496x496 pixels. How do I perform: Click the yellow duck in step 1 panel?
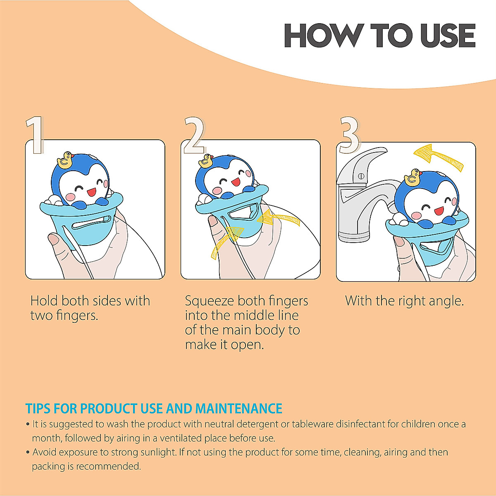coord(65,160)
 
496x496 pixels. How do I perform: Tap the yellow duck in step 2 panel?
coord(205,161)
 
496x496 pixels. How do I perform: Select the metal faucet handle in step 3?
coord(364,163)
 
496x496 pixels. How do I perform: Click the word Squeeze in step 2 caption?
coord(210,301)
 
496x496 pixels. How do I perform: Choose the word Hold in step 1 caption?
coord(44,300)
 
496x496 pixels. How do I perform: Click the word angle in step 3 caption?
coord(446,301)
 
